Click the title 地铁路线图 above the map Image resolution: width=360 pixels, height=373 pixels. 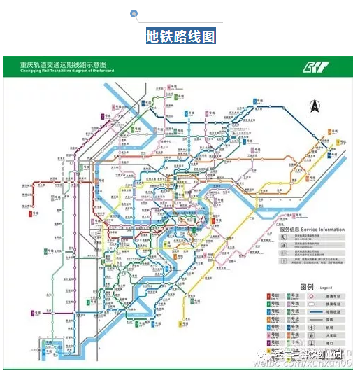coord(180,36)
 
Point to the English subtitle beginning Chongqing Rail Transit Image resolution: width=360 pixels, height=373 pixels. coord(58,71)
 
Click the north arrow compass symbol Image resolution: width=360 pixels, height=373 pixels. coord(314,106)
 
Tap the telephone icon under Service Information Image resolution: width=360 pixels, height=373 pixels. coord(284,238)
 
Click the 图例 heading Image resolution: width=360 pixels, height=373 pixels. coord(308,287)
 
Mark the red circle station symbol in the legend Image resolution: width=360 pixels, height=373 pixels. coord(312,297)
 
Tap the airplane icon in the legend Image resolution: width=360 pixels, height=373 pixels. coord(312,328)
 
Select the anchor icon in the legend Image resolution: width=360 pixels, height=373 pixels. coord(312,344)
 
